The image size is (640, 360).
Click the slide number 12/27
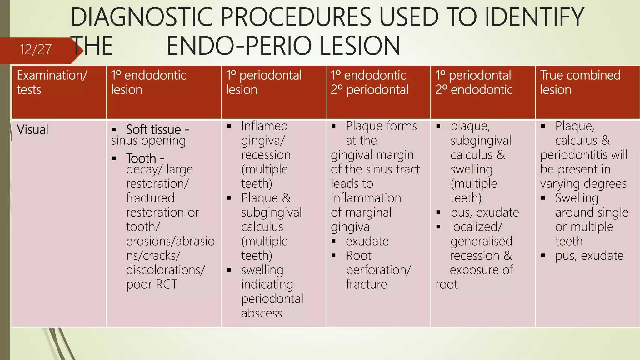click(x=35, y=50)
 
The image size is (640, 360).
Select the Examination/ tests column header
click(x=52, y=82)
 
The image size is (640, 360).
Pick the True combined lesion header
click(x=580, y=82)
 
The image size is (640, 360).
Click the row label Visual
click(x=33, y=129)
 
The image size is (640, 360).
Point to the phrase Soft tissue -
click(x=157, y=129)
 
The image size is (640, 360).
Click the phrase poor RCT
click(x=152, y=284)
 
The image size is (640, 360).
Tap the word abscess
click(x=262, y=313)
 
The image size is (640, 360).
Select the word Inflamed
click(x=264, y=126)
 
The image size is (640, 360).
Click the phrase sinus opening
click(x=148, y=141)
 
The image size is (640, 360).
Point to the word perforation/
click(x=378, y=270)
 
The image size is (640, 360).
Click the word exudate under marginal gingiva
click(x=367, y=241)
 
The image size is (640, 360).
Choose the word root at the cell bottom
click(x=447, y=284)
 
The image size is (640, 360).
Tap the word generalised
click(x=481, y=241)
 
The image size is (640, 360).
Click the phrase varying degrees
click(x=583, y=184)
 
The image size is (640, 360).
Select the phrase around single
click(x=592, y=212)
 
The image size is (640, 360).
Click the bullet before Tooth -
click(x=114, y=158)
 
